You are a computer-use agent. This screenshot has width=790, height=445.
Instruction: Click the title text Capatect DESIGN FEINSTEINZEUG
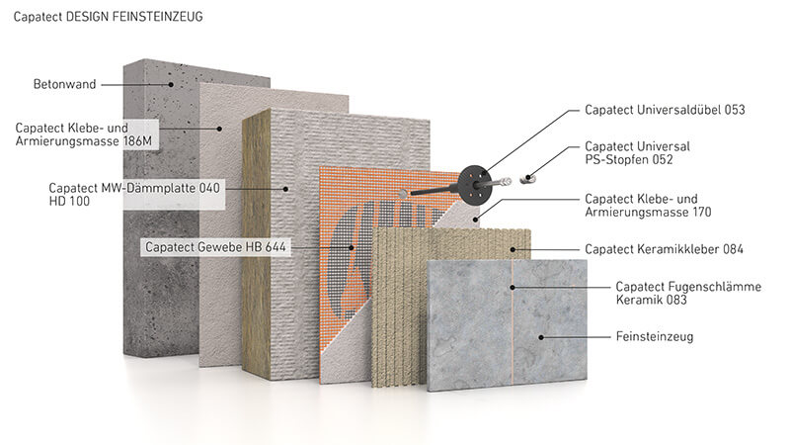tap(108, 17)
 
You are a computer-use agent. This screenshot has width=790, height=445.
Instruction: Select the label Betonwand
tap(64, 84)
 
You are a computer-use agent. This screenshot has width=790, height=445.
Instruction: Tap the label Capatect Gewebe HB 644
tap(215, 247)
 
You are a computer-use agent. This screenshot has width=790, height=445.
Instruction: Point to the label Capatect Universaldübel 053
tap(665, 110)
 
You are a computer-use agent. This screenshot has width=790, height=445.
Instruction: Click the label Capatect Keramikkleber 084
tap(664, 249)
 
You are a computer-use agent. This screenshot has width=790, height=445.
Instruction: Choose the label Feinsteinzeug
tap(655, 336)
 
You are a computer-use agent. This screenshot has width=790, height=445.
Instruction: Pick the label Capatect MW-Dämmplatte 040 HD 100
tap(134, 194)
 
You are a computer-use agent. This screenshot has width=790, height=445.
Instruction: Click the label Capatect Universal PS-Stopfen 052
tap(637, 153)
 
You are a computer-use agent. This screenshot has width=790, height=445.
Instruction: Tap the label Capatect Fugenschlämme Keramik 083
tap(688, 293)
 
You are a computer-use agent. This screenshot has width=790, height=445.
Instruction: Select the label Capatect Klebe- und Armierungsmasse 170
tap(648, 206)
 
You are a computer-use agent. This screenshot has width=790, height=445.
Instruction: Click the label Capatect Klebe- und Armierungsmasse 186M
tap(84, 134)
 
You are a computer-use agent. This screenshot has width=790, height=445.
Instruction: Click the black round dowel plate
tap(475, 185)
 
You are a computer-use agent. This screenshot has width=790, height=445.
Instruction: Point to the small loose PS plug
tap(526, 179)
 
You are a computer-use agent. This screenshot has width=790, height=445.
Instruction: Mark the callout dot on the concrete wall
tap(171, 85)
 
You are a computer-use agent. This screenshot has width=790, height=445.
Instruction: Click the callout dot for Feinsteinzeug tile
tap(541, 337)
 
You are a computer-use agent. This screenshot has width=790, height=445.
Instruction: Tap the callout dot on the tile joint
tap(512, 288)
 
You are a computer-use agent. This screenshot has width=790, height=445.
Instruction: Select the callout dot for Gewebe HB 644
tap(352, 247)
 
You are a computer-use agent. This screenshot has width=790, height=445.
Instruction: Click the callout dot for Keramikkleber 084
tap(513, 249)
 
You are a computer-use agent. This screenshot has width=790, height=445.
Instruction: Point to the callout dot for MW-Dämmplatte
tap(285, 189)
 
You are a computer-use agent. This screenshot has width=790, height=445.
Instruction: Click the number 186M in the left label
tap(137, 141)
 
